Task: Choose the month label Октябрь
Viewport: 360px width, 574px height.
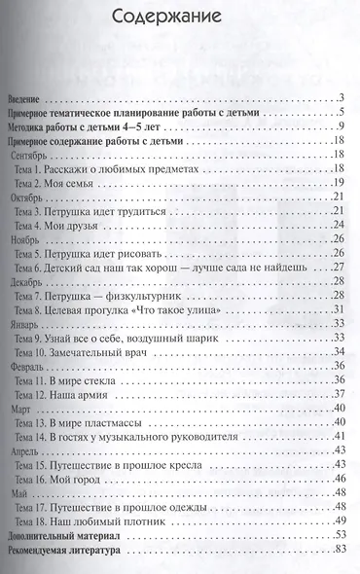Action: [x=29, y=197]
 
